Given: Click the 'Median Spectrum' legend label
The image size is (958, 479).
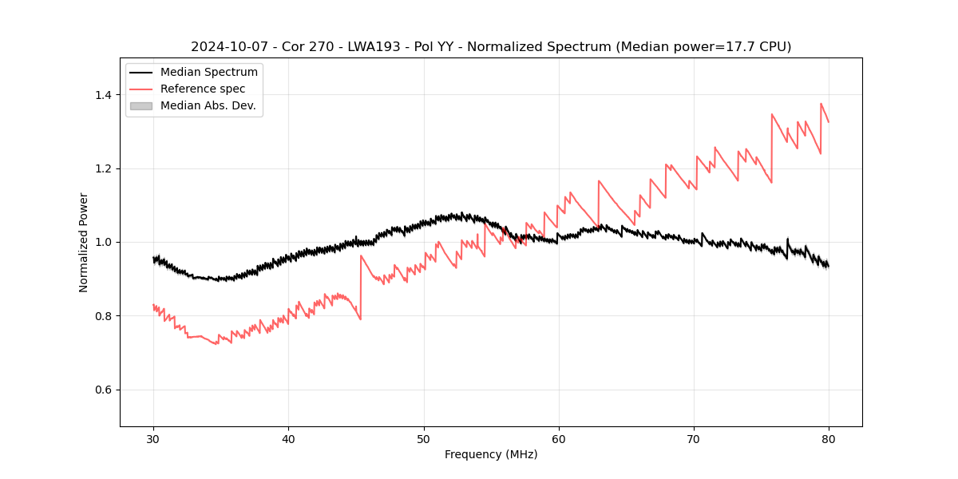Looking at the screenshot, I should pyautogui.click(x=208, y=73).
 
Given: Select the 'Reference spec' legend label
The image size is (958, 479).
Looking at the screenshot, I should pyautogui.click(x=203, y=89).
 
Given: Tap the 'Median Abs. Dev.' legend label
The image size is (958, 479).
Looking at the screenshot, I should pyautogui.click(x=208, y=105).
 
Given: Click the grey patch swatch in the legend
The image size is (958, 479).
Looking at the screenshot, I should pyautogui.click(x=141, y=105).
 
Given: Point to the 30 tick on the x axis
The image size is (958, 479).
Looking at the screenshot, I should pyautogui.click(x=153, y=438).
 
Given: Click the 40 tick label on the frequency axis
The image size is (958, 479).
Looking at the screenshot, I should pyautogui.click(x=288, y=438).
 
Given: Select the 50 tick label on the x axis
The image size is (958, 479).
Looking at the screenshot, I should pyautogui.click(x=424, y=438).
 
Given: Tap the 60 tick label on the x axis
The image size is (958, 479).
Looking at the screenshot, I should pyautogui.click(x=559, y=438).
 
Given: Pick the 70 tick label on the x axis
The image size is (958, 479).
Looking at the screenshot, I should pyautogui.click(x=694, y=438).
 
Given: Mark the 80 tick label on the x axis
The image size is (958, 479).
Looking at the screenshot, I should pyautogui.click(x=829, y=438).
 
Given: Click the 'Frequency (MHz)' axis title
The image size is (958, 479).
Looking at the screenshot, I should pyautogui.click(x=491, y=454).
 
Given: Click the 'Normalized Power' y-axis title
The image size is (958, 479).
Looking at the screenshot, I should pyautogui.click(x=84, y=242).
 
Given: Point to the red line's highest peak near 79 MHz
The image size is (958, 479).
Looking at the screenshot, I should pyautogui.click(x=821, y=104).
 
